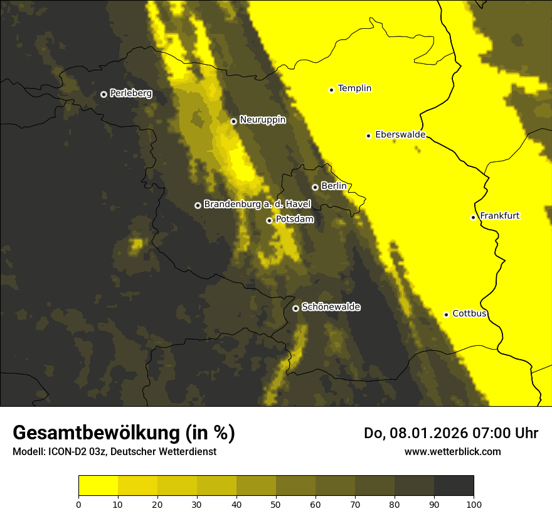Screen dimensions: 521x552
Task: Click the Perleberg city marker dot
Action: [x=103, y=94]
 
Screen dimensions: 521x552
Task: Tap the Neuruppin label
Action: [x=263, y=120]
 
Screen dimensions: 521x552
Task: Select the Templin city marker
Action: [x=331, y=90]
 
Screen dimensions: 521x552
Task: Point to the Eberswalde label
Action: [x=400, y=134]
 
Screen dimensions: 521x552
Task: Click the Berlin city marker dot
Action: [x=315, y=187]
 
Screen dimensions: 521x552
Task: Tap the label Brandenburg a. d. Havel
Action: [x=257, y=205]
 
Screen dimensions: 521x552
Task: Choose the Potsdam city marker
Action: [x=269, y=220]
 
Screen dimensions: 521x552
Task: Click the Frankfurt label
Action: [x=500, y=216]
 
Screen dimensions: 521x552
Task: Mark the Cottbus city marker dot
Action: [x=446, y=314]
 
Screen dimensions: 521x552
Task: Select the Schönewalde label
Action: [x=331, y=307]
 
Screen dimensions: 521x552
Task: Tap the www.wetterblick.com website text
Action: [x=453, y=451]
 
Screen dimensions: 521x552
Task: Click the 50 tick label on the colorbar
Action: [x=276, y=504]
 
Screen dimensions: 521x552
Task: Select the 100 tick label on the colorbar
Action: [x=474, y=504]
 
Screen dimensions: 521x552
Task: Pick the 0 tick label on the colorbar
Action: [x=78, y=504]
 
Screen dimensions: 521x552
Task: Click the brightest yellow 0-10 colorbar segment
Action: [x=98, y=486]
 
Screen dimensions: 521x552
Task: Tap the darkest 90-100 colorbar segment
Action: [x=454, y=486]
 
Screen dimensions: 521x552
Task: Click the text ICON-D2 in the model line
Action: [x=66, y=452]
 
